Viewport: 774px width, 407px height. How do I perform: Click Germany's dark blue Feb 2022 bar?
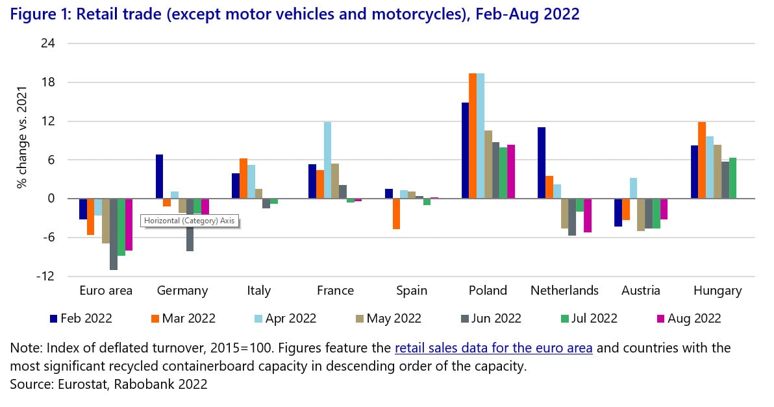point(160,177)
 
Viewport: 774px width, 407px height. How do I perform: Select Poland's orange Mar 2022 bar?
point(473,136)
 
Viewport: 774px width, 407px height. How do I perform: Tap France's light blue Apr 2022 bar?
point(327,160)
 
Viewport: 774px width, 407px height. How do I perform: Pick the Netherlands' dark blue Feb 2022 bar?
point(542,163)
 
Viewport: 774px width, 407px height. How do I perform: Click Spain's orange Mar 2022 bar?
point(396,214)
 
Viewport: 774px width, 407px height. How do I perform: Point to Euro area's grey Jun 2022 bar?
point(114,234)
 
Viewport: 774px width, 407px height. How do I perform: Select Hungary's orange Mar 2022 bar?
point(702,160)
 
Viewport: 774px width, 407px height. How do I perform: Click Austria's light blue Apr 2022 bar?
point(633,188)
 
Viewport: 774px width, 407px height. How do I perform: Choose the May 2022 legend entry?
point(388,319)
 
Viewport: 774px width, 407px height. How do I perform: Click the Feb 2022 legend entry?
point(81,319)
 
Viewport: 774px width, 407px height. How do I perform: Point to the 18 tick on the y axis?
point(48,82)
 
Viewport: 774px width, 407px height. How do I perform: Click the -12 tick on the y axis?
point(45,277)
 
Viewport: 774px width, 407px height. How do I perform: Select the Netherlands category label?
point(564,291)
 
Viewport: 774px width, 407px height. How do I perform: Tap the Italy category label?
point(258,291)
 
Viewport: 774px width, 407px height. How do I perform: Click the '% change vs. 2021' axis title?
point(21,137)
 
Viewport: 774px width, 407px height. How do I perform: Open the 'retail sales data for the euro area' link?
point(493,349)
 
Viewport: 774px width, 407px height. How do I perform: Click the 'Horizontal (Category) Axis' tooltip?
point(190,221)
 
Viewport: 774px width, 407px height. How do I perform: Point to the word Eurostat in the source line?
point(82,384)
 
